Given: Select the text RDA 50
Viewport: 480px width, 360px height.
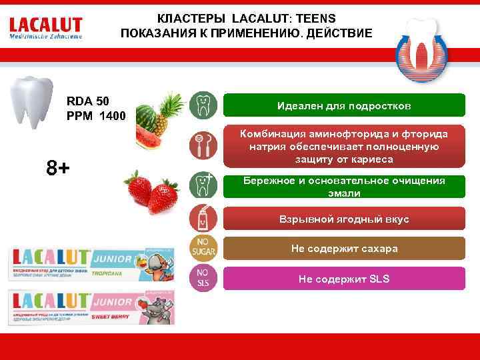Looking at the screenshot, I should (x=88, y=101).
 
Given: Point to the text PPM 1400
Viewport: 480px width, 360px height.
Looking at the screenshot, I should (x=96, y=116).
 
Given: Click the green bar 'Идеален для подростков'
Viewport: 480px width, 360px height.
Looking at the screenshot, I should (x=344, y=106).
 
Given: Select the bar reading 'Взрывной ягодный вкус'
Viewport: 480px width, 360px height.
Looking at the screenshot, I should (x=344, y=219).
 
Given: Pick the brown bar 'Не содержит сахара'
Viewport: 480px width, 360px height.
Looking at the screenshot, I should (x=344, y=249).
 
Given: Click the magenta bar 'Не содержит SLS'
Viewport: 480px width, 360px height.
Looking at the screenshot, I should (x=344, y=279).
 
